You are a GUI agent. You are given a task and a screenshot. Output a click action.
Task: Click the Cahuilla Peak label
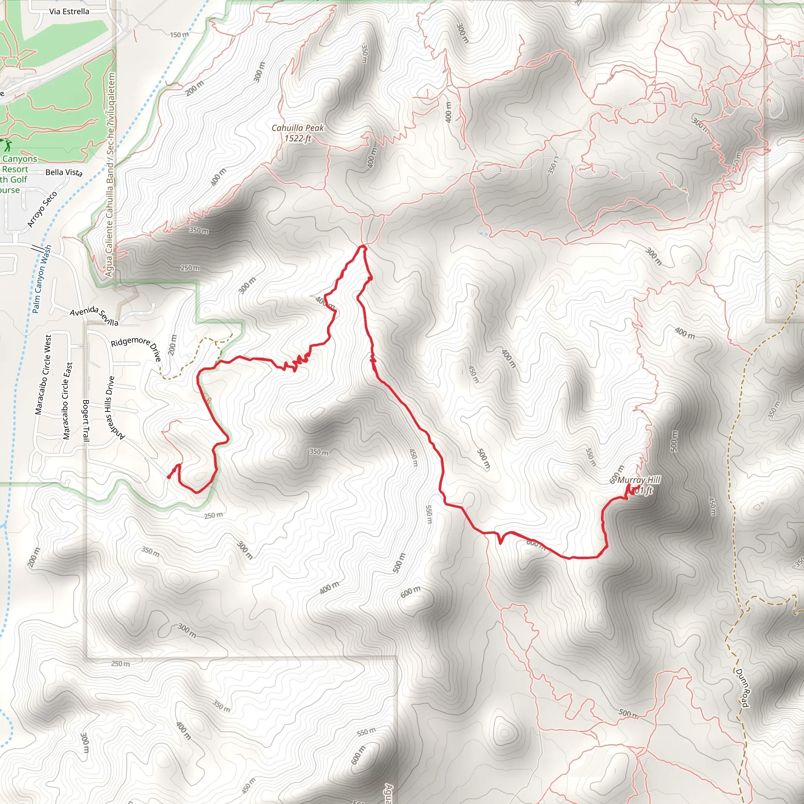tap(298, 128)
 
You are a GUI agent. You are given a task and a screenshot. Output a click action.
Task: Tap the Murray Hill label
tap(638, 480)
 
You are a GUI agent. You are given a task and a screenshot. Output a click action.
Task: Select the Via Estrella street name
tap(69, 11)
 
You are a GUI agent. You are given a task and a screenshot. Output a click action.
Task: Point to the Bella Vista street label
tap(64, 172)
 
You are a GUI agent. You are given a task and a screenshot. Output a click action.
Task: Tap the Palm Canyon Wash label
tap(42, 279)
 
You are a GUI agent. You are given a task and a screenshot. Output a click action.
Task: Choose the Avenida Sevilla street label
tap(94, 316)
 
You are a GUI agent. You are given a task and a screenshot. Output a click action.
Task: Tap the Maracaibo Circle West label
tap(43, 375)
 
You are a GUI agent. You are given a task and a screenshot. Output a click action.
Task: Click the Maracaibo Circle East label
tap(68, 401)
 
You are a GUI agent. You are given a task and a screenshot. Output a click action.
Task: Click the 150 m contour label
tap(179, 35)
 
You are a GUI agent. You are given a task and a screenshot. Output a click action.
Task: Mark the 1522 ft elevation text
tap(298, 138)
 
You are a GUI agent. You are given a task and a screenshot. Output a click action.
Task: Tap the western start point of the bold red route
tap(168, 477)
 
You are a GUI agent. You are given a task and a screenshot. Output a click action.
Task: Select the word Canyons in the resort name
tap(20, 159)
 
